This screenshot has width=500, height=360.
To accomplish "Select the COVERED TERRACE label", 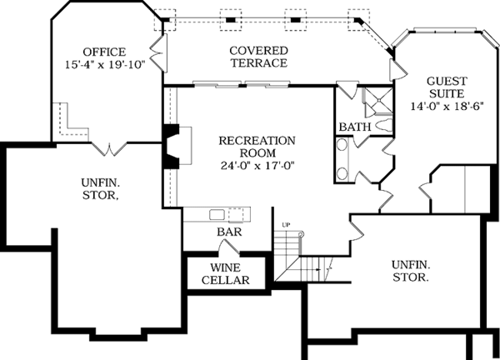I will [258, 57].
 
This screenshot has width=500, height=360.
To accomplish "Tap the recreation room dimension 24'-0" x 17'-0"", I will [257, 165].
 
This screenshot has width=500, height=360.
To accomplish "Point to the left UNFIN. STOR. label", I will [99, 189].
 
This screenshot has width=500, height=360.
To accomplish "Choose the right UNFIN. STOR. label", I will [410, 270].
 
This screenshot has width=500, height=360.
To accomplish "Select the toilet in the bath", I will [384, 125].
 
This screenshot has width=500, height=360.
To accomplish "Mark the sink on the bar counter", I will [217, 213].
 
